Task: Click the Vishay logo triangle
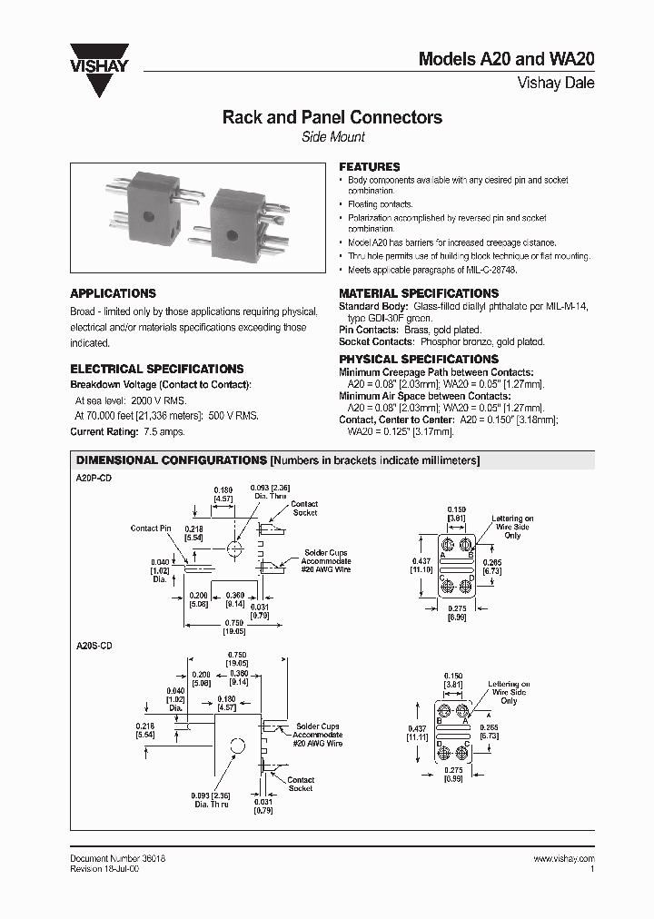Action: (108, 81)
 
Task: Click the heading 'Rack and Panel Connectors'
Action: (332, 117)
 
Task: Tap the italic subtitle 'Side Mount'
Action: (332, 137)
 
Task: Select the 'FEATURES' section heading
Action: (370, 167)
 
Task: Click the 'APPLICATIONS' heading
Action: (113, 293)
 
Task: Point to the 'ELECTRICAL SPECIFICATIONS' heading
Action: (157, 369)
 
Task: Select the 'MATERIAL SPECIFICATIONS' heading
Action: (419, 293)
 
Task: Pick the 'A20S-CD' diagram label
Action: (92, 644)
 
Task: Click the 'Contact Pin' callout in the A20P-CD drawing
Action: (151, 528)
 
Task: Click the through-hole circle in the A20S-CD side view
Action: (238, 746)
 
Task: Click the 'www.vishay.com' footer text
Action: (563, 858)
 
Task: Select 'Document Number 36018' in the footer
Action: (117, 858)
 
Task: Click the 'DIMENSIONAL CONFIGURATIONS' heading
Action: (171, 460)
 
